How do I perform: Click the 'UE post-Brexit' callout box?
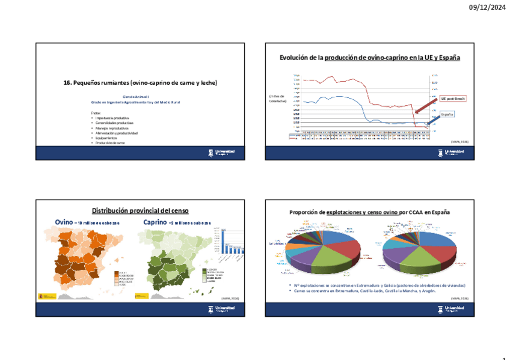click(453, 98)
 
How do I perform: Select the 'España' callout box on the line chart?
click(446, 114)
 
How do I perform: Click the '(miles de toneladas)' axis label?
click(278, 99)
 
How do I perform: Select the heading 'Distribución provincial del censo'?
click(140, 211)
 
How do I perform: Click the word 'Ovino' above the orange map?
click(64, 222)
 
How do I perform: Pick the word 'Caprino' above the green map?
click(155, 222)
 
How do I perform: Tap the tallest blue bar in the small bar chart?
click(224, 239)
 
